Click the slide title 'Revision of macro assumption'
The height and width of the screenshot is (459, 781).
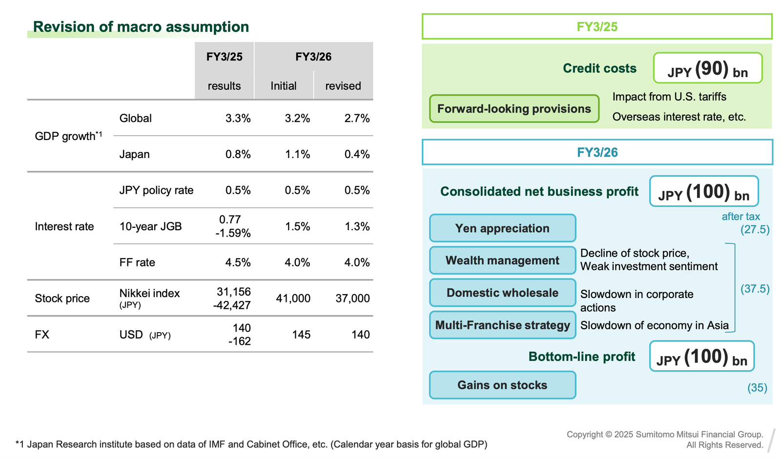[x=141, y=27]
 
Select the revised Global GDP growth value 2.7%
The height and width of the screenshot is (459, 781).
[x=357, y=118]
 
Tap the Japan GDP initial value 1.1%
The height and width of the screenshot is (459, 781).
[x=297, y=154]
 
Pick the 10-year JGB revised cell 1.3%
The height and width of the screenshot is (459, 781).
[x=357, y=226]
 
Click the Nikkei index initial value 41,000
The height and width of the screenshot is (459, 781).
[x=293, y=298]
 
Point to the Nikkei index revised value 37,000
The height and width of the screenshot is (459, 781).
[x=352, y=298]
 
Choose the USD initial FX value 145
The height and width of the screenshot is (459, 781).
[x=301, y=335]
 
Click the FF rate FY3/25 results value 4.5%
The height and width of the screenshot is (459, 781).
[x=238, y=262]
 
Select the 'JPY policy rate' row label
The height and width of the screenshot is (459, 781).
[x=156, y=190]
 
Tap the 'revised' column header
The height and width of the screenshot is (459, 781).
[x=343, y=86]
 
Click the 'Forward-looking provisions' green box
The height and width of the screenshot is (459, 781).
[x=514, y=109]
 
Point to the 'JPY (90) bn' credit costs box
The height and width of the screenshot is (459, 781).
[x=708, y=68]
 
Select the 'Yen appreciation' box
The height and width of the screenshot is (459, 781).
[x=502, y=228]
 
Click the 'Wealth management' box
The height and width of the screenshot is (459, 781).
[x=502, y=260]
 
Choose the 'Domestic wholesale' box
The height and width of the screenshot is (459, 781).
[x=502, y=293]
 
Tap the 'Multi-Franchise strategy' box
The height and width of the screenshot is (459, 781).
[x=502, y=325]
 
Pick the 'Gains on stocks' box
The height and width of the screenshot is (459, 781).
[x=502, y=385]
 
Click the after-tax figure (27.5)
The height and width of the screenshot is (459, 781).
[x=755, y=230]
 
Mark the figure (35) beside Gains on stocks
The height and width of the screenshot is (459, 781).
[x=757, y=388]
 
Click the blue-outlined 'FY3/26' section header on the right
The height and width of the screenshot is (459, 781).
[x=597, y=153]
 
